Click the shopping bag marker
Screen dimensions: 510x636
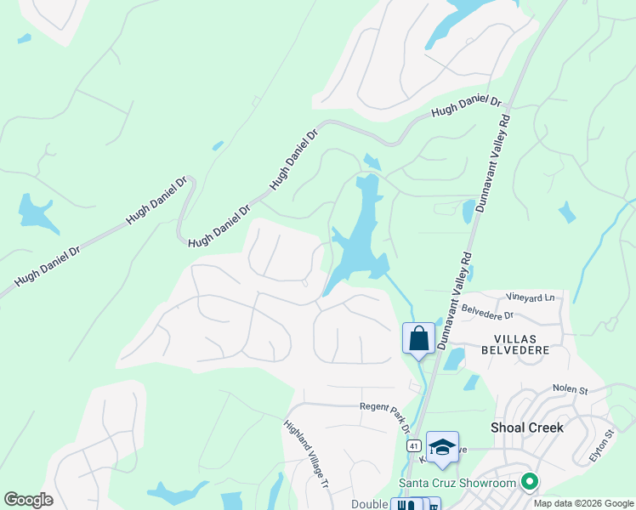point(418,337)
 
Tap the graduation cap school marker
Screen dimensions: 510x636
point(442,447)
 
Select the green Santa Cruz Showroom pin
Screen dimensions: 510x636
point(530,483)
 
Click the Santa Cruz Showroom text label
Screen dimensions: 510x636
point(458,484)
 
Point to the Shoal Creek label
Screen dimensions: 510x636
point(527,428)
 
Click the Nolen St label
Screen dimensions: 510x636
point(571,389)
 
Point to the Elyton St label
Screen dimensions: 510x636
point(602,447)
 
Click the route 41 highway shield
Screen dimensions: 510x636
point(413,445)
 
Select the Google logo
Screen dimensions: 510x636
point(28,500)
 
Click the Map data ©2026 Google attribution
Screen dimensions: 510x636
point(583,503)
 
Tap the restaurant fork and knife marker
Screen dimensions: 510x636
point(406,504)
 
